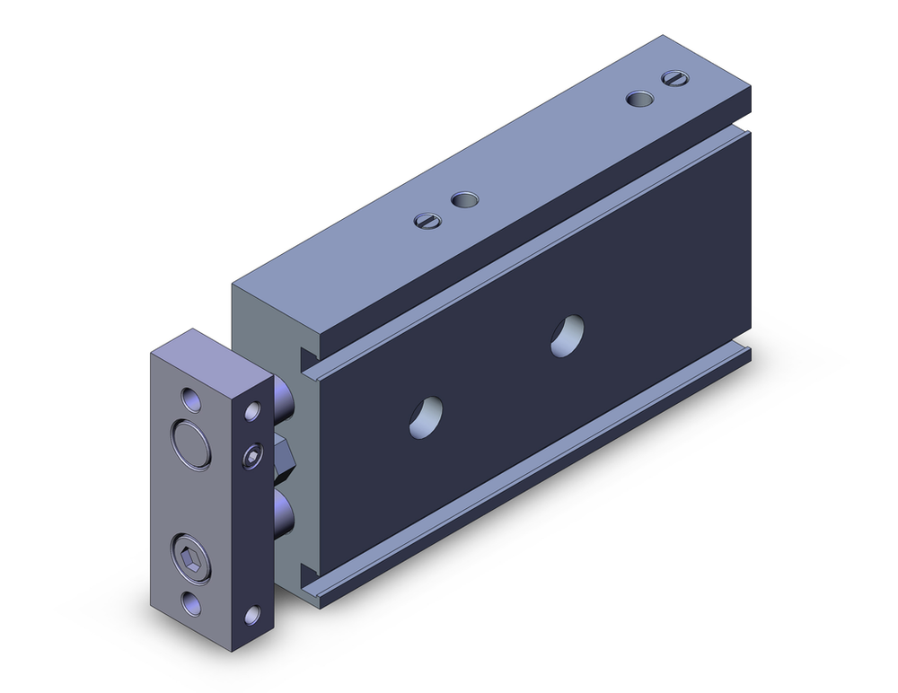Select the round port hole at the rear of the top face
pos(638,99)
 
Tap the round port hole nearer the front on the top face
pos(464,199)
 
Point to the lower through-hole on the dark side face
pos(427,417)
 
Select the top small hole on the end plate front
pos(189,398)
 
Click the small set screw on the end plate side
pos(253,458)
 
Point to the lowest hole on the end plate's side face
pos(252,615)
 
